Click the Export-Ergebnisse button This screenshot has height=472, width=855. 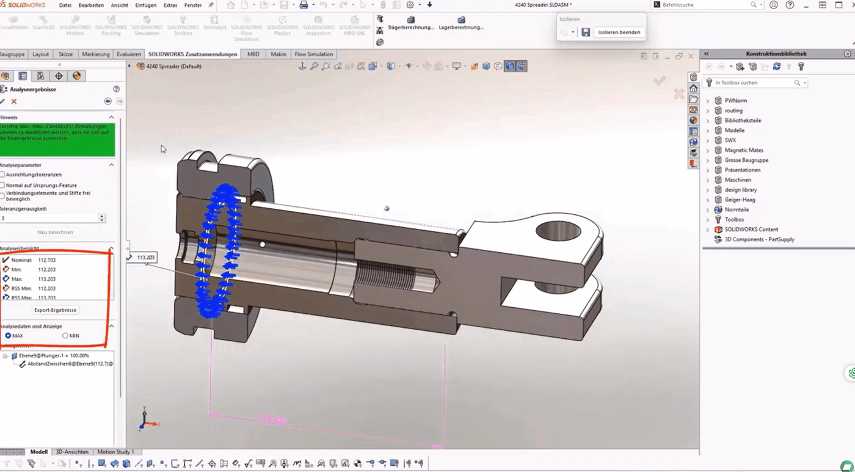(55, 310)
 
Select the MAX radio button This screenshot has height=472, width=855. (8, 336)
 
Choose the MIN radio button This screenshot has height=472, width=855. (65, 336)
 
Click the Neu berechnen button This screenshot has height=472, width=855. (55, 232)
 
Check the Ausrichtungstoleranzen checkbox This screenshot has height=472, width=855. (2, 175)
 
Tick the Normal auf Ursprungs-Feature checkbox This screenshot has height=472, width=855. (2, 185)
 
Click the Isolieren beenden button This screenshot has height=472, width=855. (619, 32)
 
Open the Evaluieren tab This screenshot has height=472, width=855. (129, 54)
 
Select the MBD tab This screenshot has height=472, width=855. (253, 54)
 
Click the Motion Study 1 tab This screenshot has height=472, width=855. (115, 452)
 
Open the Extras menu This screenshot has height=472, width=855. (170, 5)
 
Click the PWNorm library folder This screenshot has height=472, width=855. (735, 101)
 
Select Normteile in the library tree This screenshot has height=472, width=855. (737, 209)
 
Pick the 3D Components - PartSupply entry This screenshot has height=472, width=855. (759, 239)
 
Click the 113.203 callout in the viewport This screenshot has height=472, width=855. (145, 258)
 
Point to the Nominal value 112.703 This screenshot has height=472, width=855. (46, 260)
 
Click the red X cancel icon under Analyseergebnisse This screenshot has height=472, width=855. (14, 101)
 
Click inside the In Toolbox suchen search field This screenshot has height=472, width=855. (754, 82)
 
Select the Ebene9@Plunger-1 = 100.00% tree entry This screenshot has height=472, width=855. (54, 355)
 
